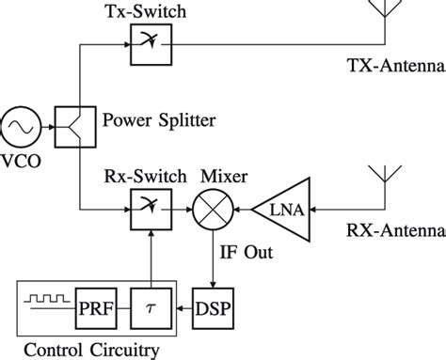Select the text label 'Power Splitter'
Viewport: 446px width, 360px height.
point(158,119)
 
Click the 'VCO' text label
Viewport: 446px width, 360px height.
point(19,160)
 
